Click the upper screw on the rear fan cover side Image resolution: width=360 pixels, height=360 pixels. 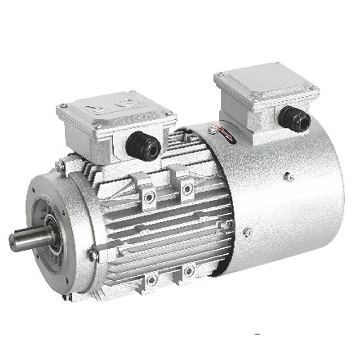[x=288, y=177]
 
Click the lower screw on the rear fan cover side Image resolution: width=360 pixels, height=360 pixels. [x=247, y=232]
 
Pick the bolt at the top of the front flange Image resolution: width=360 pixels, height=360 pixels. [x=60, y=166]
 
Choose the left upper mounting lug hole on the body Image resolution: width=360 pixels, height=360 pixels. [x=149, y=197]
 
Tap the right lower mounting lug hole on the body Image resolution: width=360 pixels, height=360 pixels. [x=189, y=270]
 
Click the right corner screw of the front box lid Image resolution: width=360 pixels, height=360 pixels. [x=168, y=113]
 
